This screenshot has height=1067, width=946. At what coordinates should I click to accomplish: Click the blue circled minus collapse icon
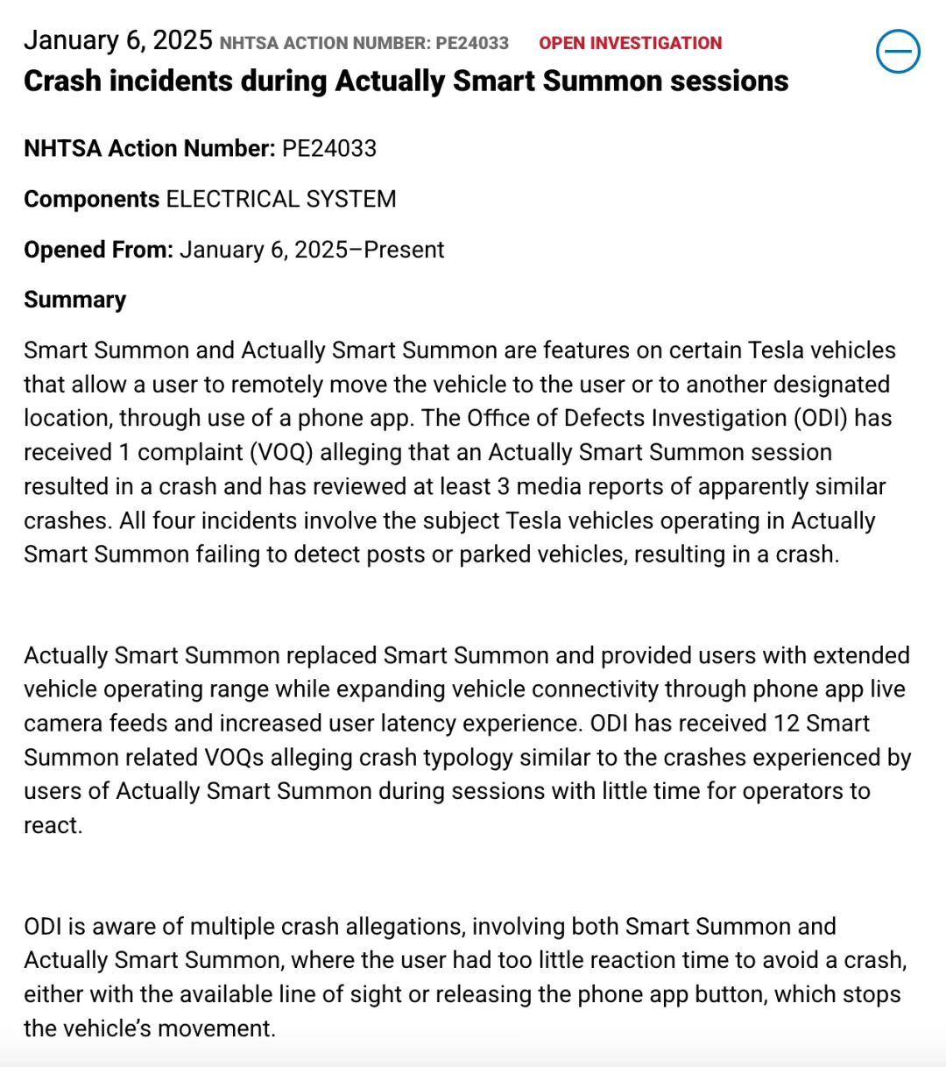point(898,52)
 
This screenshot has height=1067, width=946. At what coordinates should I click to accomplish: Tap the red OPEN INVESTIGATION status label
point(630,43)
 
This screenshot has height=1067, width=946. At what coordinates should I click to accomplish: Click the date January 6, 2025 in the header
point(117,40)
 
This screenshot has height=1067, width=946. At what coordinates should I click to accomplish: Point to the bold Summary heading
point(74,300)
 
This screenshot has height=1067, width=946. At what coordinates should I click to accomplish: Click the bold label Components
point(91,199)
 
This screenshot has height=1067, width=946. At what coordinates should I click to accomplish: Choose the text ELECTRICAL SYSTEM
point(281,199)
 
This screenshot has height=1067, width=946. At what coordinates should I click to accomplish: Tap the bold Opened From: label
point(98,250)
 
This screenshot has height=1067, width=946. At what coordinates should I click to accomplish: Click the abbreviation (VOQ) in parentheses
point(281,452)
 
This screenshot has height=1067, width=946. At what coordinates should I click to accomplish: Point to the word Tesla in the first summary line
point(779,350)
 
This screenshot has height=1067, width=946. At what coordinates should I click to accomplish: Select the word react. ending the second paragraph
point(53,825)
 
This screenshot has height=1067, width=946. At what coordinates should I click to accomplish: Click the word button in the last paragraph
point(731,994)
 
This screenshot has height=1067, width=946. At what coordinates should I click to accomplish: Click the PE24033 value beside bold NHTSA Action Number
point(329,148)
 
